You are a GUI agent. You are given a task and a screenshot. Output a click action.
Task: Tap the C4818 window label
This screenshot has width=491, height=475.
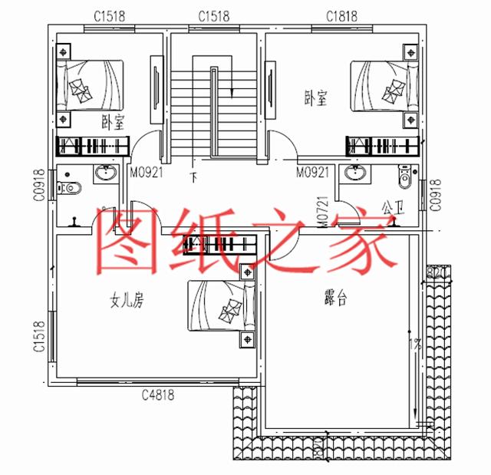(158, 395)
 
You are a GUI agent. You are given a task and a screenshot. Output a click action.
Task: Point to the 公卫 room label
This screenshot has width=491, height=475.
(392, 207)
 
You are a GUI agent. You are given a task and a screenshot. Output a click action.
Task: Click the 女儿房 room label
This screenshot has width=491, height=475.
(127, 302)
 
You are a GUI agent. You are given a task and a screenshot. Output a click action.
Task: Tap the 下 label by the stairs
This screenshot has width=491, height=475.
(193, 178)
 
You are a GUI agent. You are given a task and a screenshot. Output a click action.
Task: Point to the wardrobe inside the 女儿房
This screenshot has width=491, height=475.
(220, 245)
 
